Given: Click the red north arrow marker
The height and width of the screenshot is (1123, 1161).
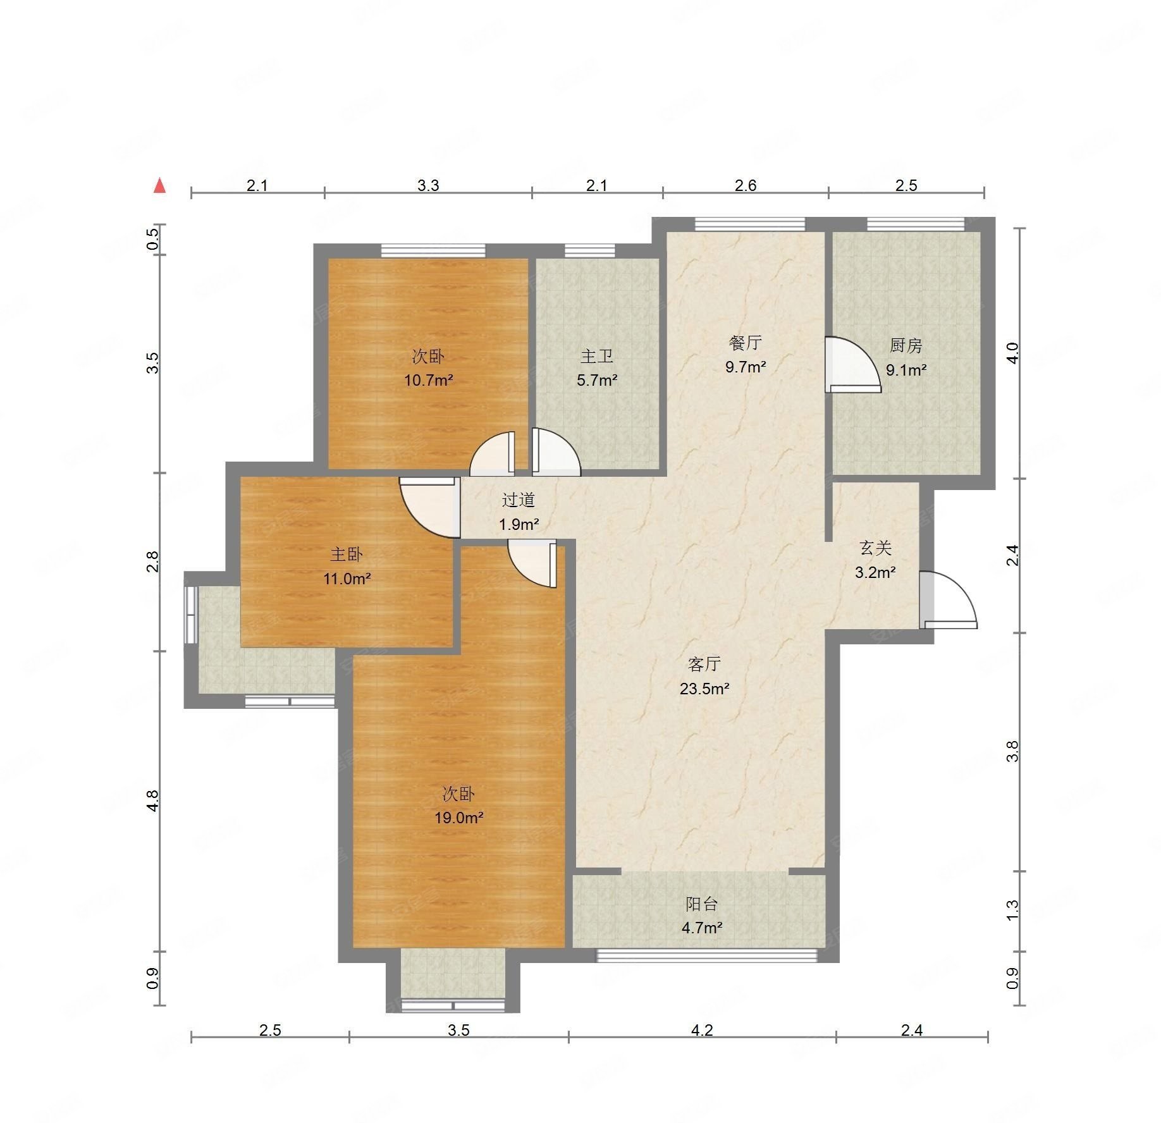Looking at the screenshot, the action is pos(160,185).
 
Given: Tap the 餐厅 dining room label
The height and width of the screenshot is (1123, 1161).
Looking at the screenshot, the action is pos(745,343).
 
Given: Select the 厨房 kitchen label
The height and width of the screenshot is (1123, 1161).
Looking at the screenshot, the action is pos(906,346).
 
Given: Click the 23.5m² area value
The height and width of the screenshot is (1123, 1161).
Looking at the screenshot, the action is pos(704,689).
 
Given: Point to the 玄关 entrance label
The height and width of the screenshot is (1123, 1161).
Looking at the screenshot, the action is pos(875,548).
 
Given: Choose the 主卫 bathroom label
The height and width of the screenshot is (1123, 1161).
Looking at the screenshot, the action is pos(597,357).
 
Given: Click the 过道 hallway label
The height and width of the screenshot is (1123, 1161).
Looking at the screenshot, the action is pos(519,500).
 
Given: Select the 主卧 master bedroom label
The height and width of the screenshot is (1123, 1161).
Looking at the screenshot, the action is pos(347,555).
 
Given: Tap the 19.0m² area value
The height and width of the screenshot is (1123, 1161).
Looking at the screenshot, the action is pos(458,818).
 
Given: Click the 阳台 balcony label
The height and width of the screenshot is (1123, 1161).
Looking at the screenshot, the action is pos(702,904).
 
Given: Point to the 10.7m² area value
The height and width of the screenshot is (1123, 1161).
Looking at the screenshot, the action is pos(429,381).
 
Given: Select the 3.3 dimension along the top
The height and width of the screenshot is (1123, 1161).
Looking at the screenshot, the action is pos(428,185).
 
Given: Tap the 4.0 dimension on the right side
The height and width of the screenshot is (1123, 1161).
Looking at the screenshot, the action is pos(1012,353).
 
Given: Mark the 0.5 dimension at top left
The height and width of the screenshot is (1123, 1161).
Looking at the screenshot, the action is pos(152,240).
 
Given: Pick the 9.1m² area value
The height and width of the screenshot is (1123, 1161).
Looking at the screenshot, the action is pos(906,370).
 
